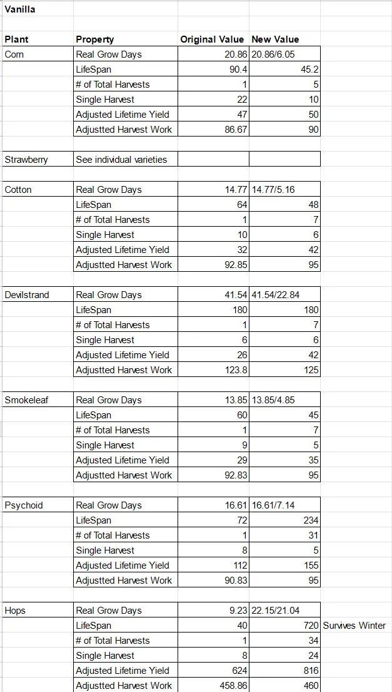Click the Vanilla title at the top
point(19,9)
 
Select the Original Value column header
point(212,39)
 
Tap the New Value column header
point(275,39)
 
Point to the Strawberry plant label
point(26,160)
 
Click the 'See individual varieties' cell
point(121,160)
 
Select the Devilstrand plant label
point(26,295)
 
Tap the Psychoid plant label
point(24,505)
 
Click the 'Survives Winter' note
point(354,626)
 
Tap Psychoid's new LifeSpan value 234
point(311,520)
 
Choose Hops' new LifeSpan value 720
point(311,626)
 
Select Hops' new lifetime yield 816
point(311,671)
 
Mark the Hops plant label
point(15,611)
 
